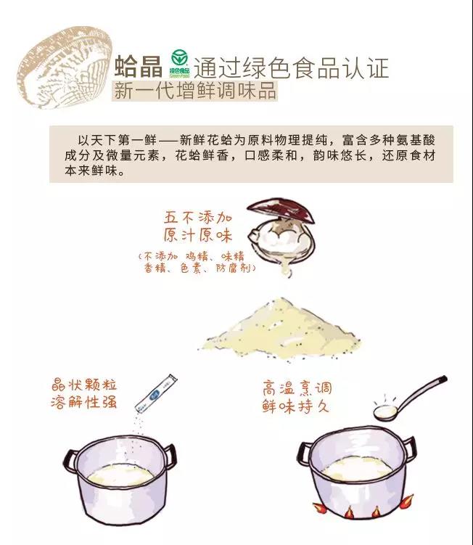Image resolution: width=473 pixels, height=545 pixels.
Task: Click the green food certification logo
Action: click(180, 63)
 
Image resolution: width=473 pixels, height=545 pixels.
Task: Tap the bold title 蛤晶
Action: click(139, 66)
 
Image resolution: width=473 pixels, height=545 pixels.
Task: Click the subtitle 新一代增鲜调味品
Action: click(195, 91)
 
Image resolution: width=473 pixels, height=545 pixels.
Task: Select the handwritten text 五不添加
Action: click(198, 218)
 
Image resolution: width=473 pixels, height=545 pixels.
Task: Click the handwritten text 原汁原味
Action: click(198, 235)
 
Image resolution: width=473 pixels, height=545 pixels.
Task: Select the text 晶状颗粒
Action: click(83, 385)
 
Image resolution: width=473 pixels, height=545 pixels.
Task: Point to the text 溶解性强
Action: click(83, 402)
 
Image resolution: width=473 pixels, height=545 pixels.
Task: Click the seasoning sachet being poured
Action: click(156, 393)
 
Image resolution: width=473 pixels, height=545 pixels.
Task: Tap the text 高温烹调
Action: click(297, 388)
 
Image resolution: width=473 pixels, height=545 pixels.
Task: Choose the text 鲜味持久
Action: click(296, 406)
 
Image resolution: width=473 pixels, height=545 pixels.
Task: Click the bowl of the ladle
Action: click(385, 413)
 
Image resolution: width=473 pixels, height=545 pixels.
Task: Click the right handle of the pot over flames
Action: click(410, 448)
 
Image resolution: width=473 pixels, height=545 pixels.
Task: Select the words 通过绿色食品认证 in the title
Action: click(291, 67)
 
